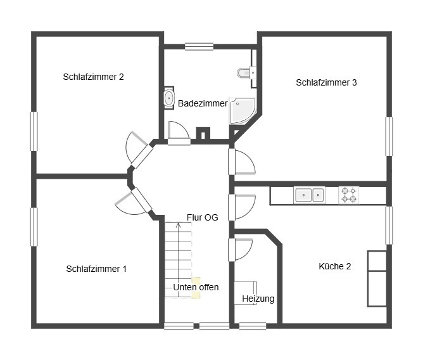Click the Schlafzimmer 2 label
93,77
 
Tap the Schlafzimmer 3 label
326,82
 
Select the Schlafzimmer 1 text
96,269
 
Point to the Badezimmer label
203,103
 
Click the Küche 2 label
335,266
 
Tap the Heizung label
258,299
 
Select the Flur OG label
203,217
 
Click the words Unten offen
196,287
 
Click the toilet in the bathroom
244,73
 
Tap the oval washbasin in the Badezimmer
169,98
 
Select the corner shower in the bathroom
243,111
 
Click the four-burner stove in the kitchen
348,195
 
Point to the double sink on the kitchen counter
309,195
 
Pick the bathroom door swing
179,133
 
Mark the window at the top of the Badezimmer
199,47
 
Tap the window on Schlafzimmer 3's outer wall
389,136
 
